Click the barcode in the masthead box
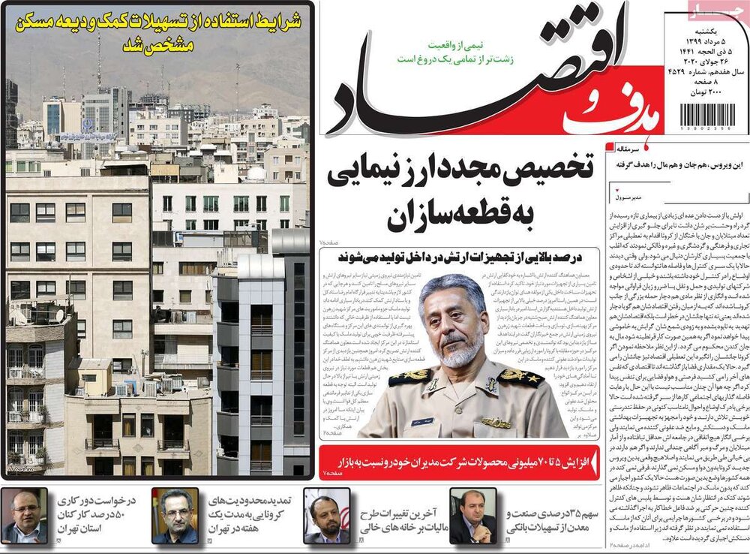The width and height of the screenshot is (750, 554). tap(706, 118)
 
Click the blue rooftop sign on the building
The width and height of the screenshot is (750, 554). tap(88, 137)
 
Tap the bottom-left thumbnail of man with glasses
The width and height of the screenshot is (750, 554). tap(24, 516)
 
